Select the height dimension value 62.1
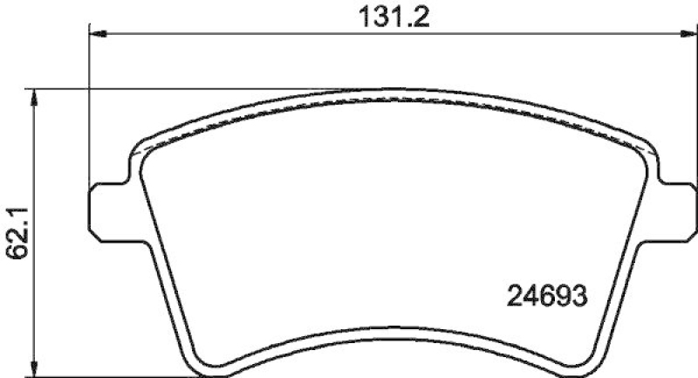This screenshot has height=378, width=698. [15, 230]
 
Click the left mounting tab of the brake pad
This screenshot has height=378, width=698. [107, 209]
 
